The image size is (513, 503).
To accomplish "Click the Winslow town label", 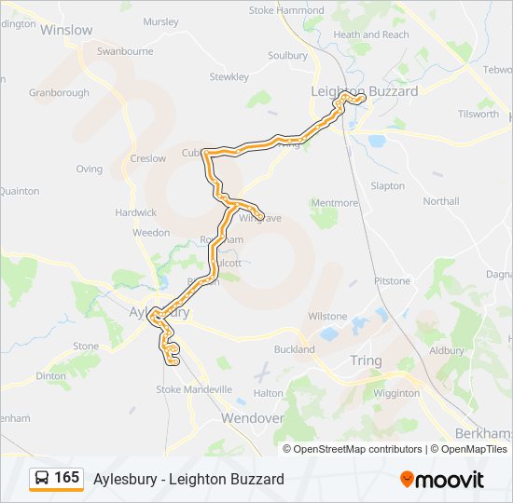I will click(66, 30).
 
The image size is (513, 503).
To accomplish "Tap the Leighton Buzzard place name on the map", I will click(364, 90).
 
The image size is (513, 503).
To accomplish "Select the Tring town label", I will click(365, 360).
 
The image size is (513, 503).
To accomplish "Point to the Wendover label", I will click(252, 418).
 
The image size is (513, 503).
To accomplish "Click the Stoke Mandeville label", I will click(194, 389).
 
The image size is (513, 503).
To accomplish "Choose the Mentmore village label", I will click(334, 203).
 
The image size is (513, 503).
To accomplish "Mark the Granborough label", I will click(59, 93).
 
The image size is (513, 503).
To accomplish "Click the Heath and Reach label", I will click(371, 34).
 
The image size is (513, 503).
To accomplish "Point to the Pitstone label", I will click(392, 281).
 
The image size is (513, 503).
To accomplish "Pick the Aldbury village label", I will click(446, 350).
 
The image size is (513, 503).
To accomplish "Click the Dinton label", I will click(51, 376).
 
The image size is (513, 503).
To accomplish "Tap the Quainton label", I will click(19, 191).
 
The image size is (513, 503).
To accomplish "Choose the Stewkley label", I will click(229, 76).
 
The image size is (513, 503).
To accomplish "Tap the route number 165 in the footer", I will click(66, 478).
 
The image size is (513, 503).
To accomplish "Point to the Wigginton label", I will click(396, 393).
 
